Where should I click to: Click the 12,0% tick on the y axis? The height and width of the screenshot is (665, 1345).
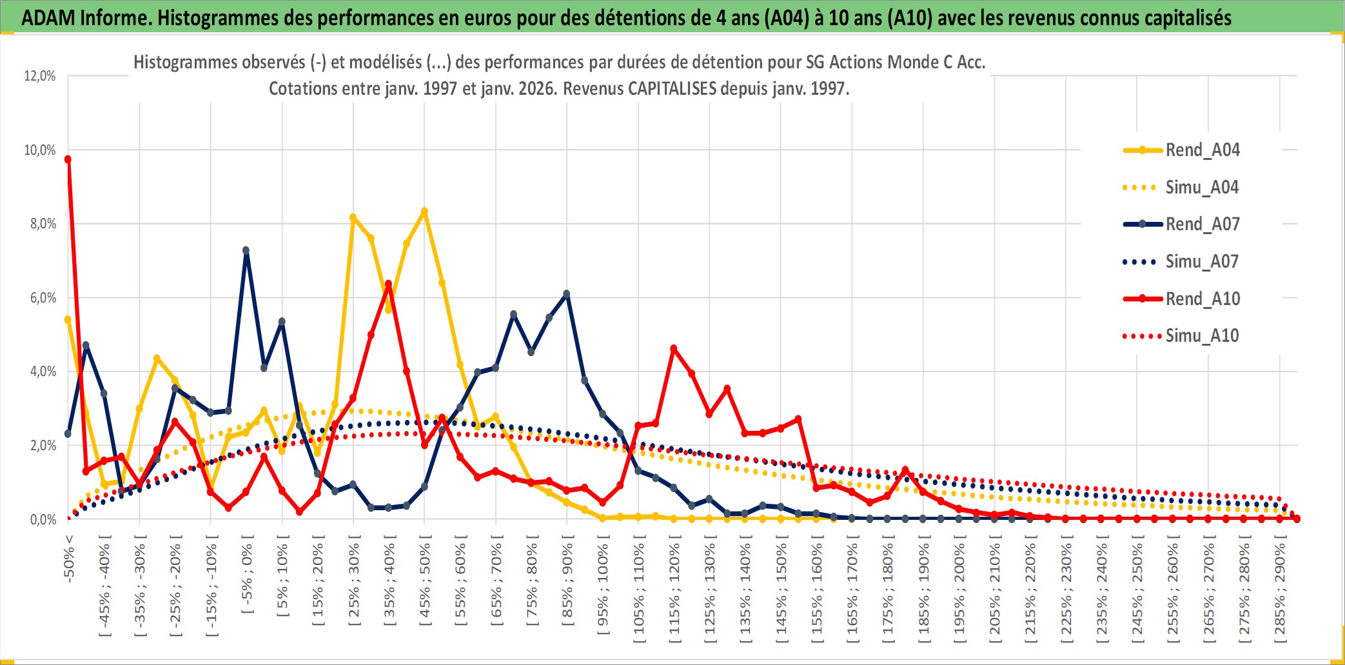point(40,76)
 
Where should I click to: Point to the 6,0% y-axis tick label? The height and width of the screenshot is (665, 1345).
point(40,298)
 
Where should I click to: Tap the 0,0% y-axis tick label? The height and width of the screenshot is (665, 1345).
point(43,519)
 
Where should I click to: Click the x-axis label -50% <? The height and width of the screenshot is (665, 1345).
point(70,559)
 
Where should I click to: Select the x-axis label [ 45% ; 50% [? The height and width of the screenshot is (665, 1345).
point(425,584)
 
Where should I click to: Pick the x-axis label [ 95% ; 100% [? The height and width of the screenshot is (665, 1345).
point(603,588)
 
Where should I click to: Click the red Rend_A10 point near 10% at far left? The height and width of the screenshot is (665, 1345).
point(68,159)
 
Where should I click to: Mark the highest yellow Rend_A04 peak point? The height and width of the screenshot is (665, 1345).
point(424,212)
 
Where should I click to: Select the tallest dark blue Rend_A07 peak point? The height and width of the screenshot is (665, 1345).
point(246,250)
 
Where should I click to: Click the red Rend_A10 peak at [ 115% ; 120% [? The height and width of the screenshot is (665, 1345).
point(674,349)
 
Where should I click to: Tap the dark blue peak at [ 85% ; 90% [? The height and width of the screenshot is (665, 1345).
point(567,294)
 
